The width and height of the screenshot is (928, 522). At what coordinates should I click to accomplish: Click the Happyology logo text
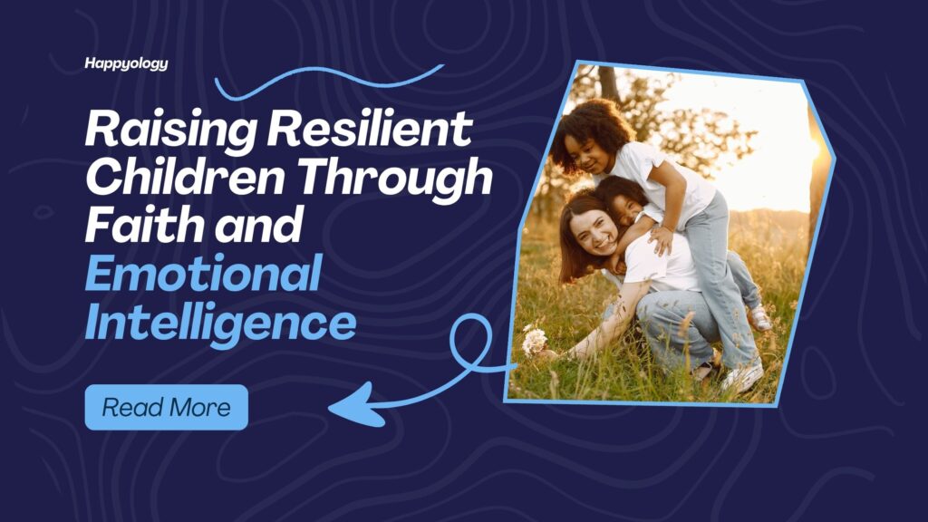[126, 63]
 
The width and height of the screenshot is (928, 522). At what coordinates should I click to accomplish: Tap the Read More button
[167, 407]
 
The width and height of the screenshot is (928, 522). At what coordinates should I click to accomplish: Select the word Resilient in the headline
[370, 128]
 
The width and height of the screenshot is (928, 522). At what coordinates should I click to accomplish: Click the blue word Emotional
[204, 272]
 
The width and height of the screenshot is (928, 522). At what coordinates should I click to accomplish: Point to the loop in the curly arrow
[470, 342]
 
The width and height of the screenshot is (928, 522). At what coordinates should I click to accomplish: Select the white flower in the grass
[535, 340]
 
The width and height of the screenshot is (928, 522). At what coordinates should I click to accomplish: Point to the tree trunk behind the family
[609, 83]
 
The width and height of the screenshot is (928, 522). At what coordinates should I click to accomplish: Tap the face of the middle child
[627, 208]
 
